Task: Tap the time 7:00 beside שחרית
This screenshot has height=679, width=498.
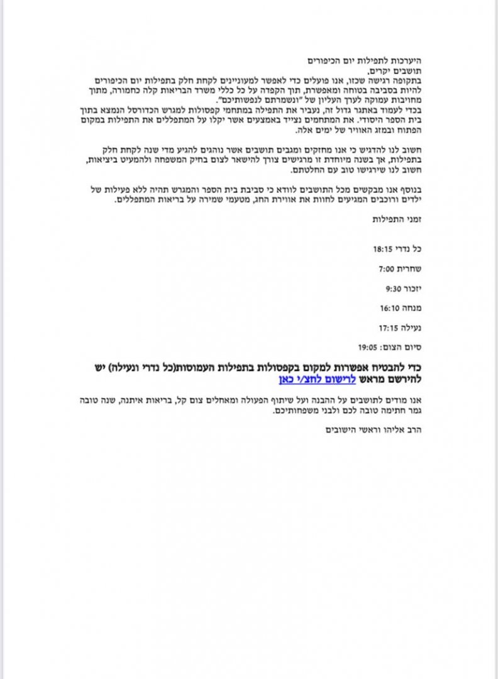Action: point(386,268)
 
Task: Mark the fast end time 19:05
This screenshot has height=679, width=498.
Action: point(368,346)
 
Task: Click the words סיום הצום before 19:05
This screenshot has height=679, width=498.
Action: point(401,346)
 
